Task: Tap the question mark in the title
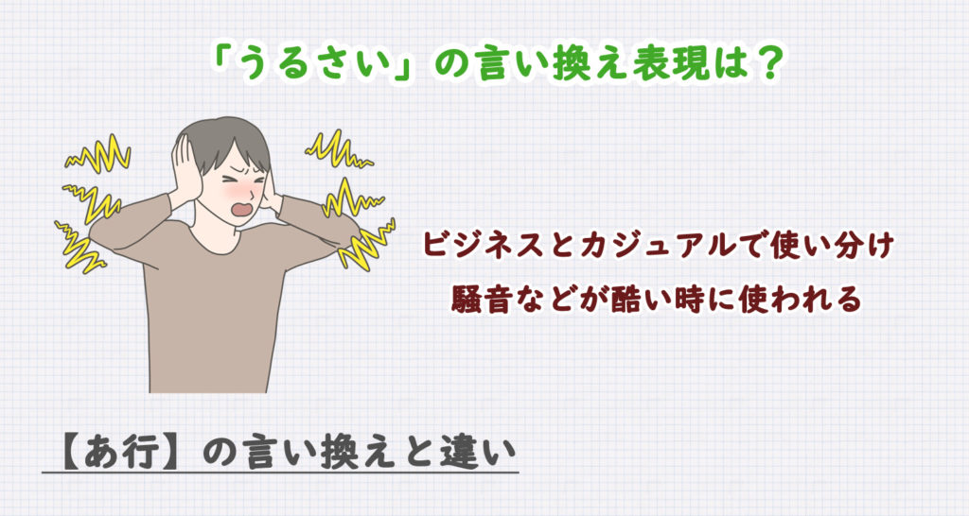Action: click(x=769, y=64)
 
